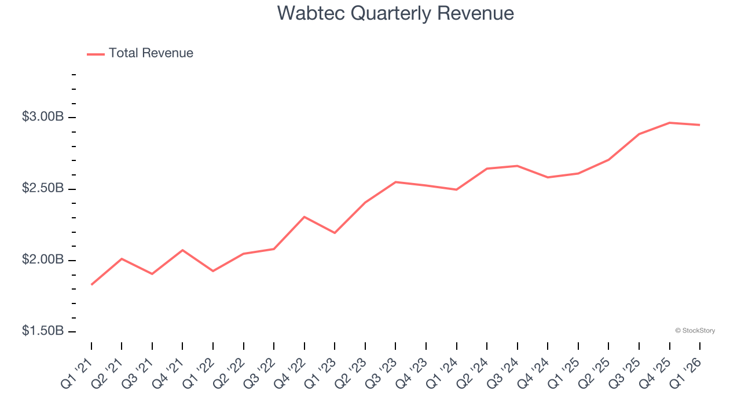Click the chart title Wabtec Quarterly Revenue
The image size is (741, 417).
click(x=395, y=13)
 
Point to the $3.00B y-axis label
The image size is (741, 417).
click(x=43, y=117)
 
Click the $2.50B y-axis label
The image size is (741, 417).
click(x=43, y=189)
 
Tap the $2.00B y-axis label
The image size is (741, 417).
click(x=43, y=260)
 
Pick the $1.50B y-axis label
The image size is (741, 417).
click(x=43, y=331)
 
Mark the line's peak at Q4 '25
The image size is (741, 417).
click(x=669, y=123)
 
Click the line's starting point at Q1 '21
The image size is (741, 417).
click(x=91, y=284)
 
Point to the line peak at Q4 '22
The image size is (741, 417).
click(x=305, y=217)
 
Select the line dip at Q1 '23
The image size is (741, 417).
click(x=335, y=233)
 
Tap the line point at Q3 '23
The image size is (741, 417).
click(x=395, y=182)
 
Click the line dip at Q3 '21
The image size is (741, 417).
click(x=152, y=274)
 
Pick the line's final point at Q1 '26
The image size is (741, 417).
click(x=699, y=125)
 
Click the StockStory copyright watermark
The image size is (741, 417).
click(x=695, y=331)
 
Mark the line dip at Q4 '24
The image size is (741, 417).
click(x=548, y=177)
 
